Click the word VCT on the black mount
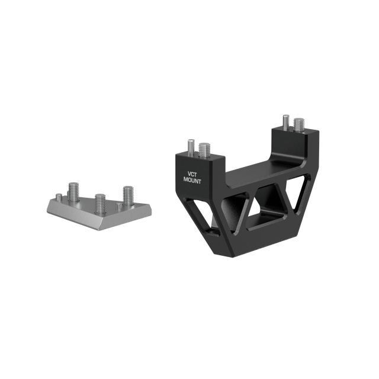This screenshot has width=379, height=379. [x=192, y=174]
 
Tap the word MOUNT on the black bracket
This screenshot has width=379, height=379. [x=192, y=180]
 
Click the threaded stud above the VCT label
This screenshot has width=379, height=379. [x=204, y=150]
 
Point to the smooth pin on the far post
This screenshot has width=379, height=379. [x=286, y=122]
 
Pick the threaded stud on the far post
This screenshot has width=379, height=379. [x=299, y=125]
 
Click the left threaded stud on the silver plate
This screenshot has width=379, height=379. [x=73, y=192]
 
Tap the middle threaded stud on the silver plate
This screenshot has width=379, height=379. [x=100, y=204]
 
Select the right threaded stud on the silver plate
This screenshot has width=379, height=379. [x=129, y=196]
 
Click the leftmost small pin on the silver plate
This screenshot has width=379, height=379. [x=59, y=197]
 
